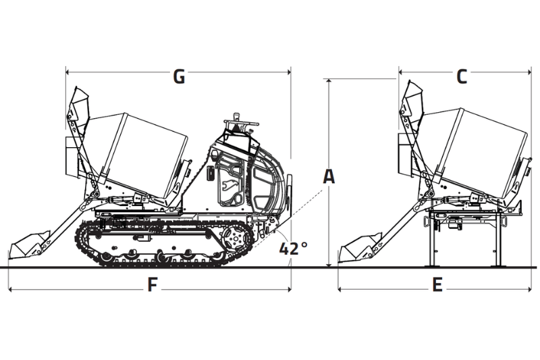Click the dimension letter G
(x=179, y=76)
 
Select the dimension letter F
(x=153, y=285)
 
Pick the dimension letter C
(x=461, y=76)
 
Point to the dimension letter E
(x=437, y=285)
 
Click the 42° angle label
(x=293, y=249)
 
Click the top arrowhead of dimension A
(x=329, y=81)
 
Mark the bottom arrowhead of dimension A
(x=329, y=265)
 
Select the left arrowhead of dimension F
(x=11, y=290)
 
